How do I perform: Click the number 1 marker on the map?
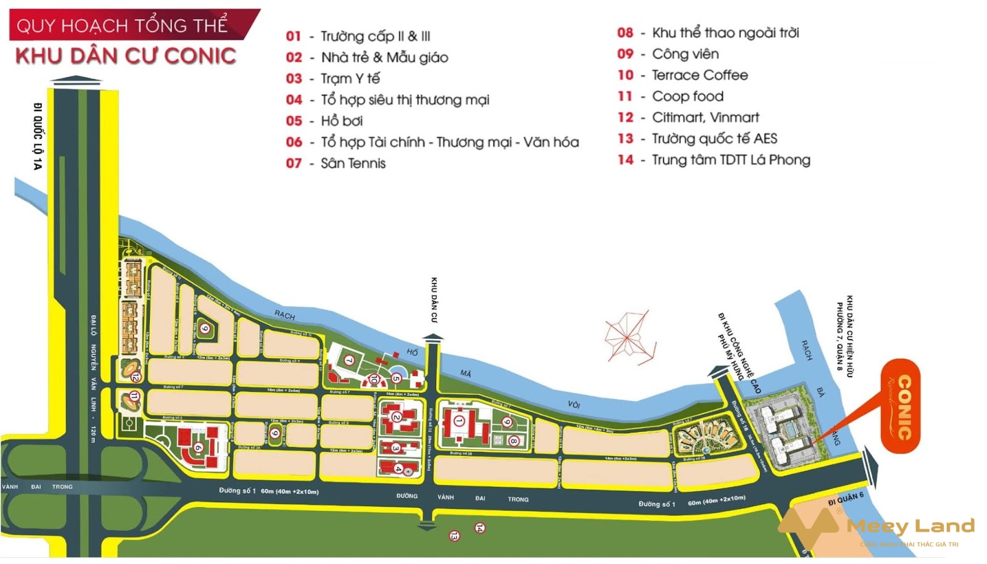(458, 420)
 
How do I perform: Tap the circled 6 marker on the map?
(198, 448)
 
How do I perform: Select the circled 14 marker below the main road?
(479, 528)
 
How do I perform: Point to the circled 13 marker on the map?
(454, 536)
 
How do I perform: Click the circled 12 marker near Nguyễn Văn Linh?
(135, 377)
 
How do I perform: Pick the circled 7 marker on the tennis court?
(349, 360)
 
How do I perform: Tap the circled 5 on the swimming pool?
(396, 378)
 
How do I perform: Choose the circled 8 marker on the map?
(513, 441)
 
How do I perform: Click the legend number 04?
(294, 100)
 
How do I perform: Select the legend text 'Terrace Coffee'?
(700, 75)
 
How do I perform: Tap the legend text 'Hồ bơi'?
(342, 121)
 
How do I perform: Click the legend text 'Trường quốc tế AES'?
(714, 139)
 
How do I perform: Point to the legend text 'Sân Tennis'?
(353, 164)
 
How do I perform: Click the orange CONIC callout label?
(901, 406)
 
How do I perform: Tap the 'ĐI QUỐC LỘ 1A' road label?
(38, 136)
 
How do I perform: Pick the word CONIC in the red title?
(200, 56)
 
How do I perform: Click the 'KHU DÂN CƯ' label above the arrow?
(434, 300)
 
